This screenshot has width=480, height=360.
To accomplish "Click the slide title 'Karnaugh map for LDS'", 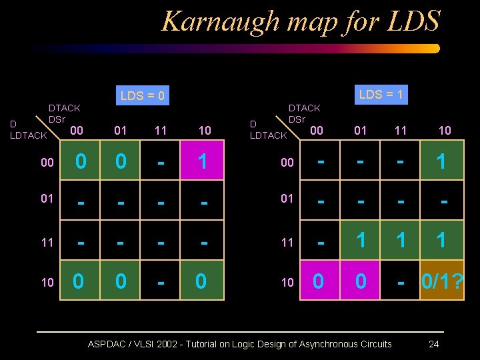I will pyautogui.click(x=301, y=21).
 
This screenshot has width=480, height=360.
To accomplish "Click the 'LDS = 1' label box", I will pyautogui.click(x=381, y=94).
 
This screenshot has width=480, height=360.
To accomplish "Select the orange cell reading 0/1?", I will pyautogui.click(x=441, y=281).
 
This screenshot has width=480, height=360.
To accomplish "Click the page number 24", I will pyautogui.click(x=433, y=344).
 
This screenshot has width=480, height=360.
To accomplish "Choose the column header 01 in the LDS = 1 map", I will pyautogui.click(x=360, y=130).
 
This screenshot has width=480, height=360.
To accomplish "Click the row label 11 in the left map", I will pyautogui.click(x=47, y=242).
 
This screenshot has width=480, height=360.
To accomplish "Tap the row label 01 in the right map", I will pyautogui.click(x=287, y=199).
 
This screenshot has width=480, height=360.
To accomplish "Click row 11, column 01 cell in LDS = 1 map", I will pyautogui.click(x=361, y=241).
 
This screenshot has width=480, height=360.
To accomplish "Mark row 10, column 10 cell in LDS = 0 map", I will pyautogui.click(x=201, y=281).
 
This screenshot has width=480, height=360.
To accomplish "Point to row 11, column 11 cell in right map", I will pyautogui.click(x=401, y=241).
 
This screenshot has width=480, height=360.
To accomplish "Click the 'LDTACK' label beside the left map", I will pyautogui.click(x=29, y=135).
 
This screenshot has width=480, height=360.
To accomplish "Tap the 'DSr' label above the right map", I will pyautogui.click(x=297, y=119).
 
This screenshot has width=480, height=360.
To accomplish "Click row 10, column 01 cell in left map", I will pyautogui.click(x=120, y=281).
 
